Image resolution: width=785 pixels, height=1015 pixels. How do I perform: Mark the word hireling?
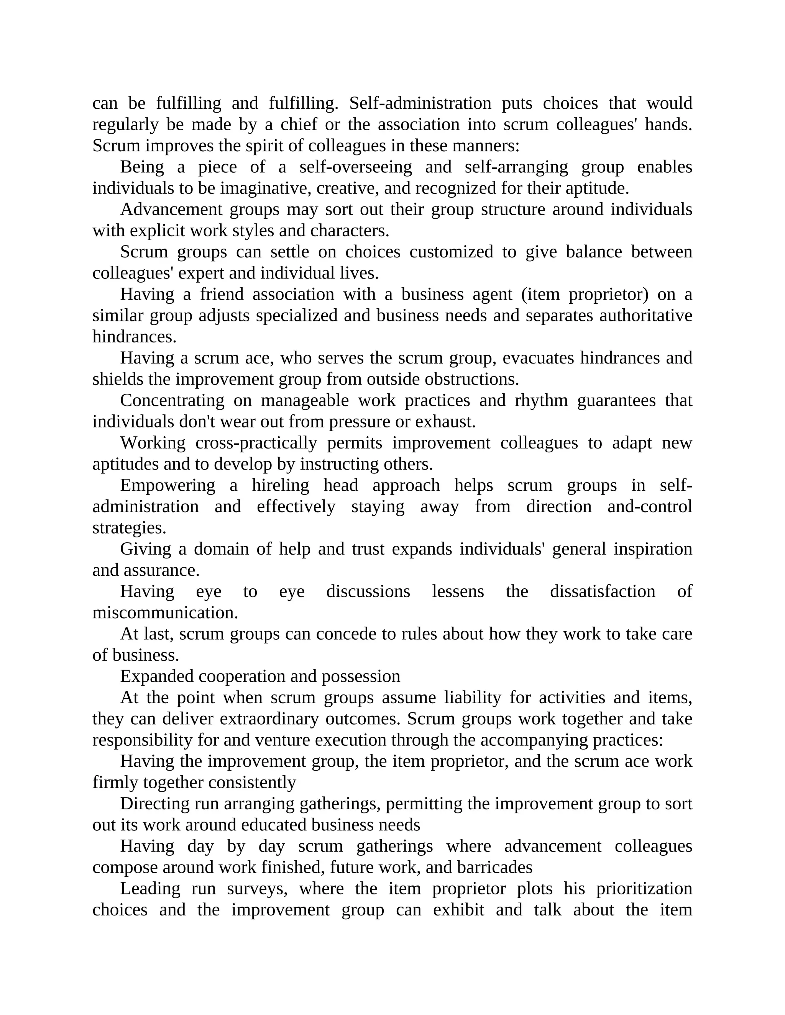281,485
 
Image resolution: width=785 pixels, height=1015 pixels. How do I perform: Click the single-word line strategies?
129,528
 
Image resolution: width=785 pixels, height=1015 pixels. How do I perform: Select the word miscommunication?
165,612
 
